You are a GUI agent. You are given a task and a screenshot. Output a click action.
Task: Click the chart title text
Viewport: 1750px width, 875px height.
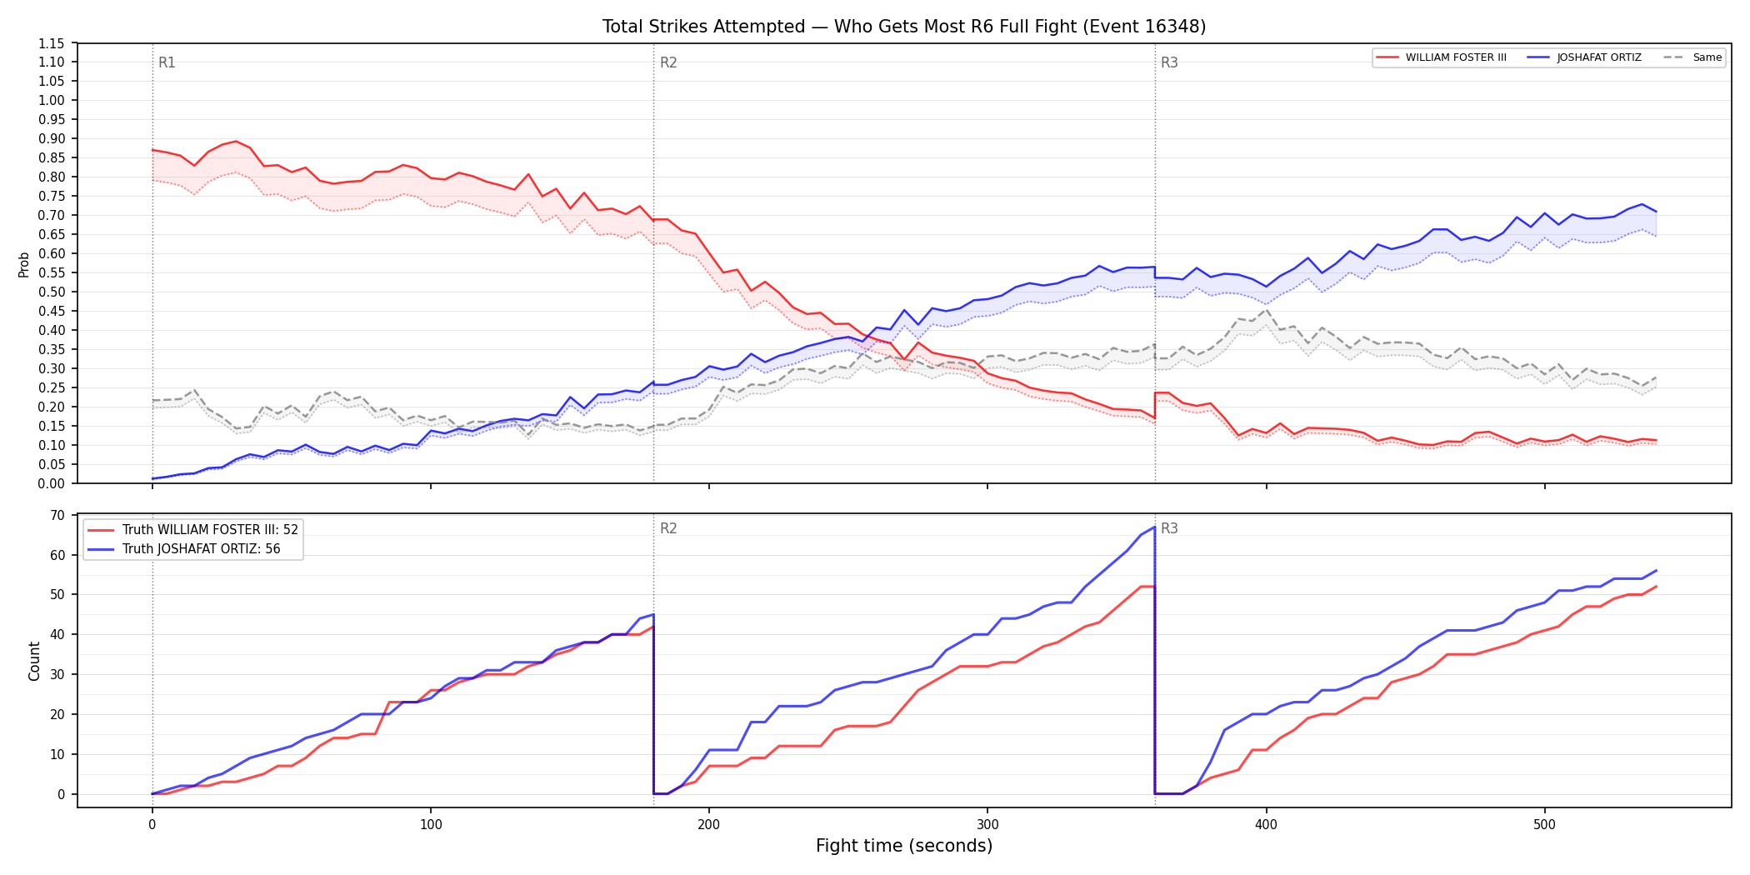[x=904, y=27]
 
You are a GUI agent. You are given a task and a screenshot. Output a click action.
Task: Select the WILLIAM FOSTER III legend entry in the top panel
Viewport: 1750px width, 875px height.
[x=1442, y=57]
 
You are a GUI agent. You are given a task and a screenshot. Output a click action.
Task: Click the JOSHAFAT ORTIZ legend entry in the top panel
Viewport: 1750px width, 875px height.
[x=1585, y=57]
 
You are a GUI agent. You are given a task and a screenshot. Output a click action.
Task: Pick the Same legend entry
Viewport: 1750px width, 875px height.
[x=1692, y=57]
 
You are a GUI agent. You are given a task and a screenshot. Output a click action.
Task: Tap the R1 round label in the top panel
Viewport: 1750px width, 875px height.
[x=167, y=62]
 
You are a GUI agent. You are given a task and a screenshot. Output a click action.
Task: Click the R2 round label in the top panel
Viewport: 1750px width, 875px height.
[x=668, y=62]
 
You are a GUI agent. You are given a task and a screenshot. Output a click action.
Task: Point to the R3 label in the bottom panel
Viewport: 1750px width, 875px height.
[x=1169, y=528]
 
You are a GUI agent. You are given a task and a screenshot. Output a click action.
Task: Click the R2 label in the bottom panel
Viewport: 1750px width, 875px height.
[x=668, y=528]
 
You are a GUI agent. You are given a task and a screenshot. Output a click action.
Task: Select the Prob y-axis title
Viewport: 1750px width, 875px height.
[x=24, y=264]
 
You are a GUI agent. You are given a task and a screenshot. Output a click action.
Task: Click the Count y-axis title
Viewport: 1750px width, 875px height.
[x=34, y=661]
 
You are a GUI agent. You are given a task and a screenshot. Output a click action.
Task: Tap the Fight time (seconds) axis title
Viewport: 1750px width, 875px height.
[x=904, y=846]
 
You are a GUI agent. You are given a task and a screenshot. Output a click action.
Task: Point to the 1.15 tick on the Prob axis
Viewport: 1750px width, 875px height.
[x=52, y=43]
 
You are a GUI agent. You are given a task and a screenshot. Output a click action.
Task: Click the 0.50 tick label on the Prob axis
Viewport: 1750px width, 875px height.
[x=52, y=292]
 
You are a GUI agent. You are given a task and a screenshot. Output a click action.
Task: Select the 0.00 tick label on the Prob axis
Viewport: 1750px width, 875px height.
[x=52, y=483]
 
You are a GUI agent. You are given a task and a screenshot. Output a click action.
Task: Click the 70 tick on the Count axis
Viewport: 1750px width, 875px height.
[x=57, y=515]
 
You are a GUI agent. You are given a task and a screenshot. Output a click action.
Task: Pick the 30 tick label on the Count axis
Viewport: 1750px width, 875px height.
[x=57, y=674]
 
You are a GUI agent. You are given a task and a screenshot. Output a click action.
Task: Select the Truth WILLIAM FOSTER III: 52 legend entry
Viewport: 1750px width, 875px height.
[x=193, y=530]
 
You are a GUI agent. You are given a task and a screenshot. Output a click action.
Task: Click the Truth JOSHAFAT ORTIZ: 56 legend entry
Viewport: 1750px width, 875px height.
[x=184, y=549]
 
